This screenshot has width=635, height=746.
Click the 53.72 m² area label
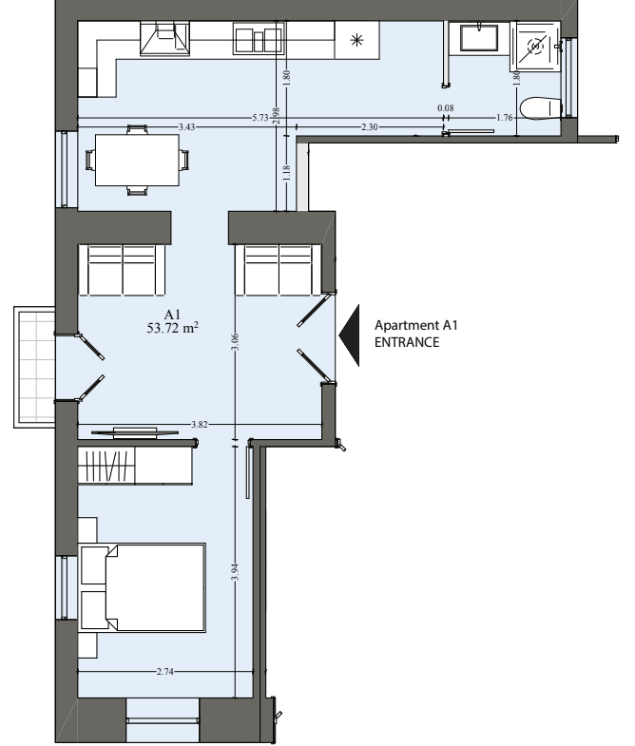pos(173,328)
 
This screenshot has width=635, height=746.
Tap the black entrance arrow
pos(350,335)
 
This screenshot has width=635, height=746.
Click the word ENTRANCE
pos(407,342)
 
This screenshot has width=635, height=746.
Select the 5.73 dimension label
pos(260,118)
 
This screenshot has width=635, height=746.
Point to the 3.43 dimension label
pos(186,127)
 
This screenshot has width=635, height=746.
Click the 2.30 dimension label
pos(370,127)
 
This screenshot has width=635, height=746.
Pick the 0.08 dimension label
pos(446,108)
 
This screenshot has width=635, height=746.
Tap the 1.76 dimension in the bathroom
pos(504,118)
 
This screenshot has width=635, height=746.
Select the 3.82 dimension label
pos(199,425)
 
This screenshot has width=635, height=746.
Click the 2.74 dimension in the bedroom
pos(164,672)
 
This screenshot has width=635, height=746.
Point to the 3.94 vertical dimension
pos(235,572)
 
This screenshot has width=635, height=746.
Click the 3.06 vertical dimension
pos(235,342)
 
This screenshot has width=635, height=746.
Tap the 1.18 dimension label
pos(286,173)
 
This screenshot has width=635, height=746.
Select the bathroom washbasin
pos(479,38)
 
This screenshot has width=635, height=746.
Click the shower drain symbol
pos(536,47)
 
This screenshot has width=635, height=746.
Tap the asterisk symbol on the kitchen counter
pos(356,41)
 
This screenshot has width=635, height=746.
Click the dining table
pos(137,160)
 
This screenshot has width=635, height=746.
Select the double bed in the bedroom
pos(142,588)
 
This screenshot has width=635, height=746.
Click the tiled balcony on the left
pos(35,367)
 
